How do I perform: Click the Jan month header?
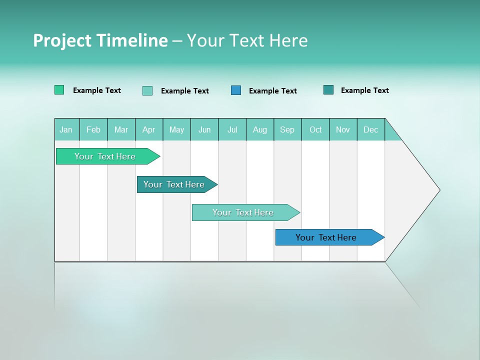(x=66, y=129)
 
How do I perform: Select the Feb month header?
(x=93, y=129)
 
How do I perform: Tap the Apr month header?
(x=149, y=129)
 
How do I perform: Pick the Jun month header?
(x=204, y=129)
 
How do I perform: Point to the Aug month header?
(x=260, y=129)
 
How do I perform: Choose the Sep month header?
(x=287, y=129)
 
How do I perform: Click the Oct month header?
(x=315, y=129)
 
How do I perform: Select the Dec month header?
(x=371, y=129)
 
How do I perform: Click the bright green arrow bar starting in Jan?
(x=105, y=156)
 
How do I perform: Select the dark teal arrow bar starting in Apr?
(x=174, y=184)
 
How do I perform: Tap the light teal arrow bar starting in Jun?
(x=243, y=212)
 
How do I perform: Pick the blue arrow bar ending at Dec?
(x=326, y=237)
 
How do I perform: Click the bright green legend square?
(x=59, y=90)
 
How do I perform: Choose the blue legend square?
(x=236, y=90)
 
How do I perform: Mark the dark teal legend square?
(x=328, y=90)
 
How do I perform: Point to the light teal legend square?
(x=147, y=90)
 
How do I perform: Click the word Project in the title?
(x=62, y=40)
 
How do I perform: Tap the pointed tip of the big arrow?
(x=438, y=190)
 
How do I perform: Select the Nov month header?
(x=343, y=129)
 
